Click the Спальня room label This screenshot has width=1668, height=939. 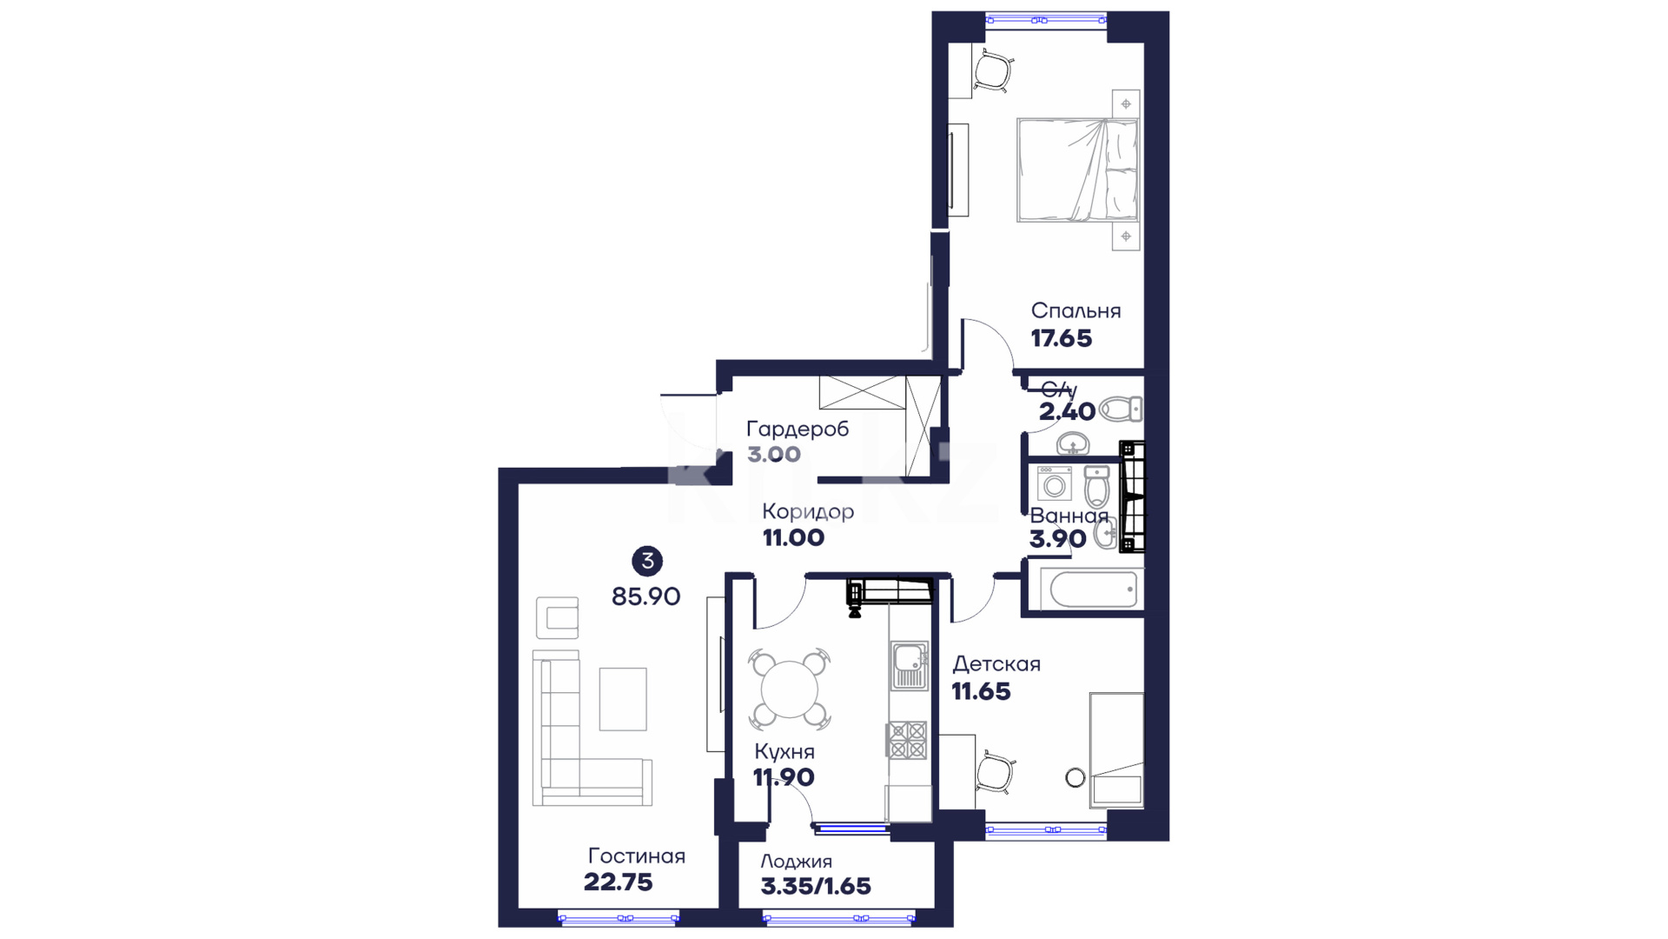pyautogui.click(x=1076, y=311)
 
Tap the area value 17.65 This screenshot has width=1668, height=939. pyautogui.click(x=1061, y=339)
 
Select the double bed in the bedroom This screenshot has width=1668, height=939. pyautogui.click(x=1077, y=170)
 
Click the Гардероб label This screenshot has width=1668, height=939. pyautogui.click(x=798, y=430)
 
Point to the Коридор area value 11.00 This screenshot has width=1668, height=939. pyautogui.click(x=793, y=538)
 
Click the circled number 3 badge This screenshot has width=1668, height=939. pyautogui.click(x=647, y=562)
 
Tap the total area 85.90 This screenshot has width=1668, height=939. pyautogui.click(x=645, y=596)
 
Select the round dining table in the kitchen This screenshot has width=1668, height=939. pyautogui.click(x=790, y=689)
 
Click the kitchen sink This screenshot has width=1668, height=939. pyautogui.click(x=909, y=665)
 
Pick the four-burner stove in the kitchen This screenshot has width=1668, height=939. pyautogui.click(x=907, y=740)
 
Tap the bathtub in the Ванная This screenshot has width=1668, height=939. pyautogui.click(x=1093, y=589)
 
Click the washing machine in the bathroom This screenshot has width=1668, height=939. pyautogui.click(x=1055, y=483)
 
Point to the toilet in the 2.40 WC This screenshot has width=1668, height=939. pyautogui.click(x=1121, y=409)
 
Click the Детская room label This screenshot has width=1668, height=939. pyautogui.click(x=996, y=664)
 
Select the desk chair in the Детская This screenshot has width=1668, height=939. pyautogui.click(x=995, y=772)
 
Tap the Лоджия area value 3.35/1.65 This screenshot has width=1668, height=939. pyautogui.click(x=816, y=886)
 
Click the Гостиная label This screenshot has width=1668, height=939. pyautogui.click(x=637, y=856)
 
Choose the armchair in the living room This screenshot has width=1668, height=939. pyautogui.click(x=557, y=618)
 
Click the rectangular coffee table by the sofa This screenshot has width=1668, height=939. pyautogui.click(x=623, y=699)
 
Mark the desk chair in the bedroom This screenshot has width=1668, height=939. pyautogui.click(x=994, y=70)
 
